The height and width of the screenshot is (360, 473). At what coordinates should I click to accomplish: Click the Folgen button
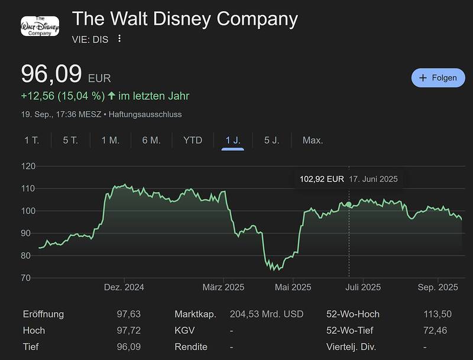tap(438, 77)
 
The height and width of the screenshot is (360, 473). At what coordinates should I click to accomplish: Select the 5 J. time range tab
tap(271, 140)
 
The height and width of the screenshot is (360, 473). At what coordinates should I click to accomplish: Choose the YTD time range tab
tap(193, 140)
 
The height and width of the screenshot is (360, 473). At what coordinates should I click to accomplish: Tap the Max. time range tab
tap(313, 140)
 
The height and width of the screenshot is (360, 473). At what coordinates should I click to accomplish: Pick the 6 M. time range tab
tap(151, 140)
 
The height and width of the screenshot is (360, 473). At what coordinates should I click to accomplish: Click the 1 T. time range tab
tap(32, 140)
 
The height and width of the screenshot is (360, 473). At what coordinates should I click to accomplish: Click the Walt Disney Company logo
tap(40, 25)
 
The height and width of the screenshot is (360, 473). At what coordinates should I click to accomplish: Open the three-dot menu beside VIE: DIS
tap(119, 38)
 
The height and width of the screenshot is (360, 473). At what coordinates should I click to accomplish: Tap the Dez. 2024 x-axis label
tap(124, 287)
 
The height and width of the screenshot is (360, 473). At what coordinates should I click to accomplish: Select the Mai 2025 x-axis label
tap(293, 287)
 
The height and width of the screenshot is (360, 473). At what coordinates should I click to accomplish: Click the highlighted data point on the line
tap(349, 205)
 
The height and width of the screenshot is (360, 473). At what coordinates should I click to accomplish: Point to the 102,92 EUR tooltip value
tap(322, 179)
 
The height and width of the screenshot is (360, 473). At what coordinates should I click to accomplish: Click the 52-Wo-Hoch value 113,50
tap(438, 314)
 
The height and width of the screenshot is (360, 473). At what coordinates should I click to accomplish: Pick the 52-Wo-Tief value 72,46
tap(438, 330)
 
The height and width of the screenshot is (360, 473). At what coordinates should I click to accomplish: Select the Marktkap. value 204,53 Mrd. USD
tap(266, 314)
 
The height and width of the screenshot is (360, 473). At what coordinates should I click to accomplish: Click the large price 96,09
tap(51, 74)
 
